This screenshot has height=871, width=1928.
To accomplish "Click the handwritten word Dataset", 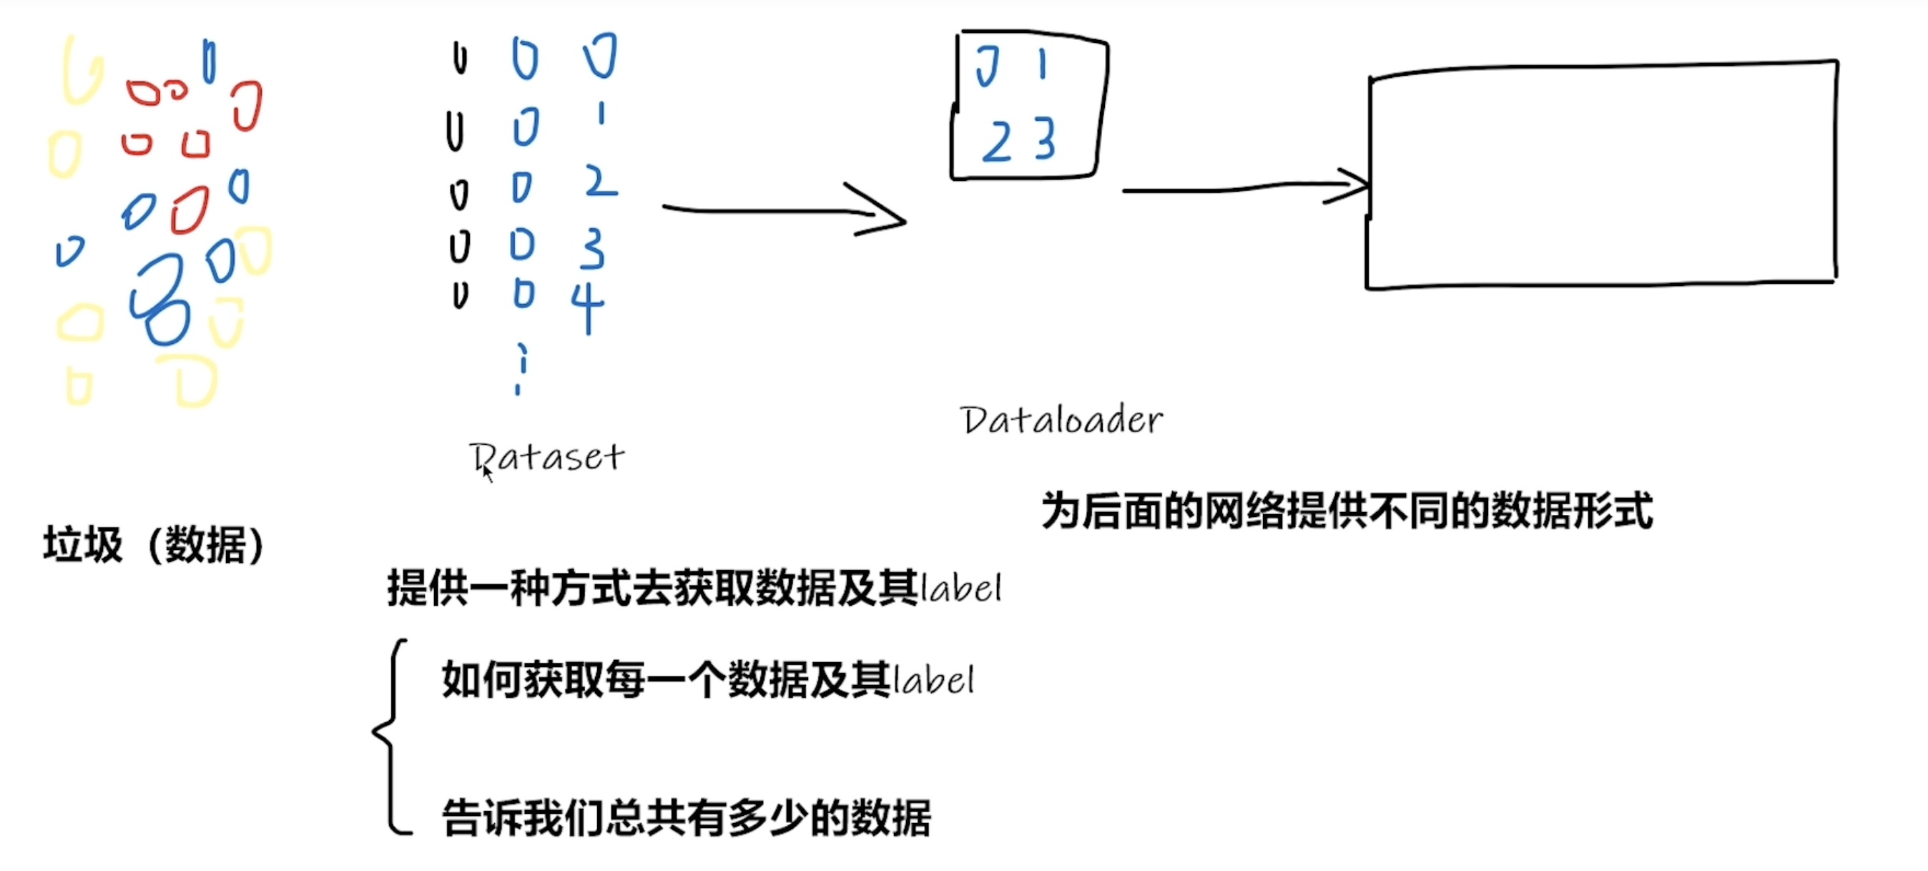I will (548, 457).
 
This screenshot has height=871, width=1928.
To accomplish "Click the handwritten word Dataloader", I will (1061, 420).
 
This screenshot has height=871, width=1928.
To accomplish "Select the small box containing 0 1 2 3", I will (1028, 104).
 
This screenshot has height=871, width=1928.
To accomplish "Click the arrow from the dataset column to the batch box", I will (786, 212).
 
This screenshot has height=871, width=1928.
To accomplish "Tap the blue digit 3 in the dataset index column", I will (592, 247).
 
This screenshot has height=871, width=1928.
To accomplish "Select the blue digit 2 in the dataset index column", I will (601, 182).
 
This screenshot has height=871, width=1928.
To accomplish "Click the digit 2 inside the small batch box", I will (997, 142).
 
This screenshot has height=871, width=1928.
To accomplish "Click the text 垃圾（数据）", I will (154, 544).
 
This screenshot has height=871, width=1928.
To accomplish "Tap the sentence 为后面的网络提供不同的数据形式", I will (1347, 512).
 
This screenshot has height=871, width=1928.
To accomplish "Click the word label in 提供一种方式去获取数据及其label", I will (960, 588).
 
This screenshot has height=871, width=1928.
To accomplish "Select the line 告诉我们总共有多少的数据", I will (687, 817).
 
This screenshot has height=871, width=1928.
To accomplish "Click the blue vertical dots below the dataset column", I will (520, 368).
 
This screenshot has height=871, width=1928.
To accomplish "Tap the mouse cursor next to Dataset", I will (486, 473).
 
